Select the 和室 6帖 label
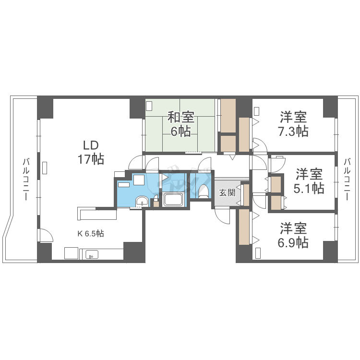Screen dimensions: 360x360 click(181, 124)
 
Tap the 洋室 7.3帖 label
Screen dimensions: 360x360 click(294, 124)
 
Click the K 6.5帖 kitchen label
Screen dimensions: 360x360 click(91, 234)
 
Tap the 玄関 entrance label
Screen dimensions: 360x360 click(227, 193)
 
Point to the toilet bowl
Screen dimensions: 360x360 click(203, 191)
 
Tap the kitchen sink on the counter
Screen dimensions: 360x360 click(92, 254)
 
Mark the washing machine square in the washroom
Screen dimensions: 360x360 click(140, 180)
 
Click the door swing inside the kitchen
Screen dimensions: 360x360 click(46, 236)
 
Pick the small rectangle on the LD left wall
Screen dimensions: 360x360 click(45, 168)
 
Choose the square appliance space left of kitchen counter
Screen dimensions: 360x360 click(72, 253)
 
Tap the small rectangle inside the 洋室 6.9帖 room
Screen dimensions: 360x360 click(258, 252)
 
